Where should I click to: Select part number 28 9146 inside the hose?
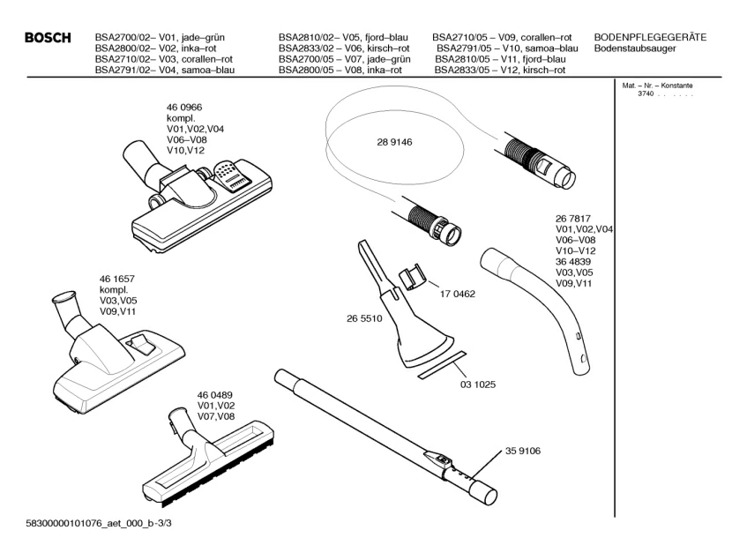point(394,142)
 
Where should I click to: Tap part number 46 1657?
point(118,279)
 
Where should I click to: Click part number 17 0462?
point(458,295)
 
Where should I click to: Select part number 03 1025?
point(479,385)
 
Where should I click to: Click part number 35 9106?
point(523,451)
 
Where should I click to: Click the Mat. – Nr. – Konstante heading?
point(657,86)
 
